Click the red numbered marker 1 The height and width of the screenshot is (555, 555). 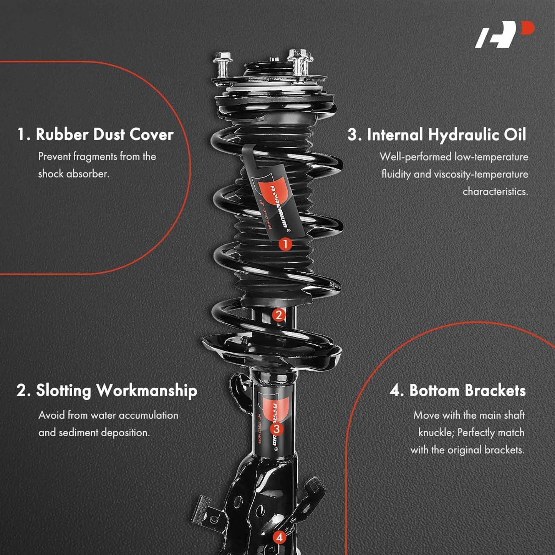coord(285,244)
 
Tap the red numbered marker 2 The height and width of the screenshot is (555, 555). coord(278,315)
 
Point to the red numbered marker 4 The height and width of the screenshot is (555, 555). coord(279,537)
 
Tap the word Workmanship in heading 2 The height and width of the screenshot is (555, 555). coord(147,391)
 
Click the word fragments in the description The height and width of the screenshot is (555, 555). coord(95,157)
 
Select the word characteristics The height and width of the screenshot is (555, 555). coord(495,192)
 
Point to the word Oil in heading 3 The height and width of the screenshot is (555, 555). coord(515,134)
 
